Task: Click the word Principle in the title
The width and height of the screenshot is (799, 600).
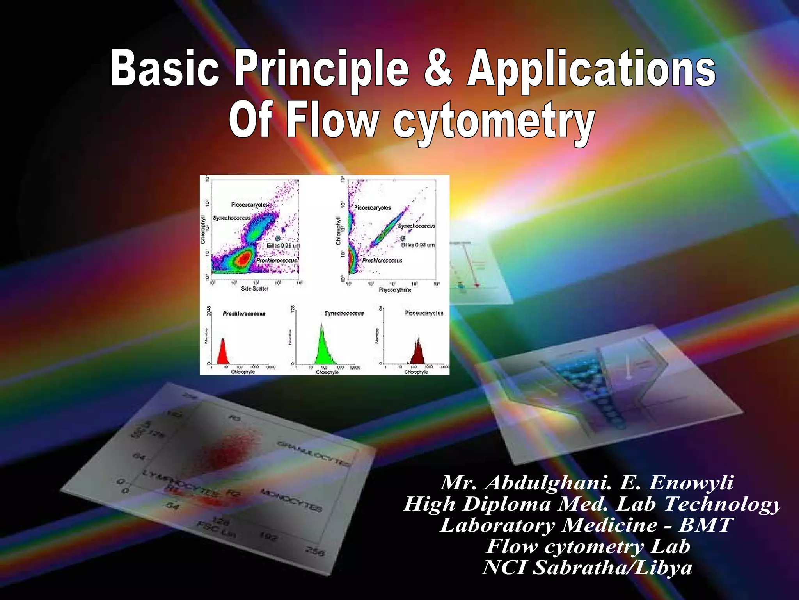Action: pyautogui.click(x=322, y=70)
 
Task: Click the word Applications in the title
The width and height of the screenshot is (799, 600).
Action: pyautogui.click(x=591, y=70)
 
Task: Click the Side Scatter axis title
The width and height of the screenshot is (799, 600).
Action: pyautogui.click(x=255, y=289)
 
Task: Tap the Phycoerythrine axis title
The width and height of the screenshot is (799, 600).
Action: pyautogui.click(x=395, y=290)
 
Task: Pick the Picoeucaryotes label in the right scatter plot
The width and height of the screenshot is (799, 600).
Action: pyautogui.click(x=372, y=208)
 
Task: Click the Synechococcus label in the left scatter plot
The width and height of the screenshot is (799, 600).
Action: pyautogui.click(x=232, y=218)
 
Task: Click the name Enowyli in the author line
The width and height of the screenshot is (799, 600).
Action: pyautogui.click(x=691, y=483)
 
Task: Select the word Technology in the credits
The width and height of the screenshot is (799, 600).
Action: pyautogui.click(x=722, y=504)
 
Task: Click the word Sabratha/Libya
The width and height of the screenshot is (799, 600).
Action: pyautogui.click(x=613, y=567)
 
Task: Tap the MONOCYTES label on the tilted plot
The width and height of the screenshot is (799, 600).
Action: pyautogui.click(x=291, y=500)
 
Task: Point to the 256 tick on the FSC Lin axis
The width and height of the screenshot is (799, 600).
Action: pyautogui.click(x=314, y=552)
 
